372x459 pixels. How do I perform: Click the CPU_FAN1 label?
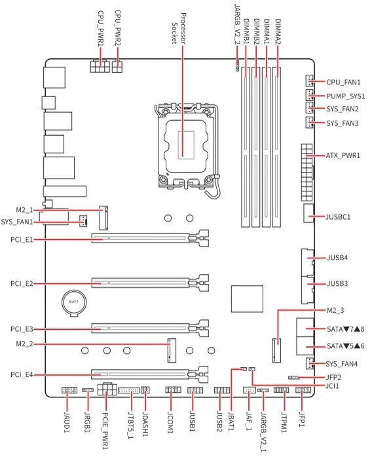click(343, 82)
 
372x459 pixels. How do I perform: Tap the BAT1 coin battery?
click(74, 303)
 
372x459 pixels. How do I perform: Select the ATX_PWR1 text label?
click(343, 155)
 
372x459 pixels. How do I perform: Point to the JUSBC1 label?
click(338, 217)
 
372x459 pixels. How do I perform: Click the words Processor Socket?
click(179, 28)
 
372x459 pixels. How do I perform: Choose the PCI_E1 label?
click(22, 240)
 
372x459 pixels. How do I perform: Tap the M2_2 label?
click(24, 344)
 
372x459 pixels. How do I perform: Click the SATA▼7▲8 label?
click(345, 329)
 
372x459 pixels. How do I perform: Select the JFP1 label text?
click(301, 419)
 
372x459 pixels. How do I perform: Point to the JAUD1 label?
click(67, 422)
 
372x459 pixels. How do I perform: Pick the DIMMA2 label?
click(278, 31)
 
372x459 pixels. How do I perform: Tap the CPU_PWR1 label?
click(101, 28)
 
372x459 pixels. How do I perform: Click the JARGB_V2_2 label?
click(237, 25)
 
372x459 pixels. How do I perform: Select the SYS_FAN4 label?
click(342, 364)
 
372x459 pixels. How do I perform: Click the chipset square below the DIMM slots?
click(247, 299)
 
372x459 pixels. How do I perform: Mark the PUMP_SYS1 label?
click(346, 96)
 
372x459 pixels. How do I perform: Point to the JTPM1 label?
click(284, 422)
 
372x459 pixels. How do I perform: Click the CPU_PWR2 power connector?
click(117, 66)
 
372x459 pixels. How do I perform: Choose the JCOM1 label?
click(170, 422)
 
